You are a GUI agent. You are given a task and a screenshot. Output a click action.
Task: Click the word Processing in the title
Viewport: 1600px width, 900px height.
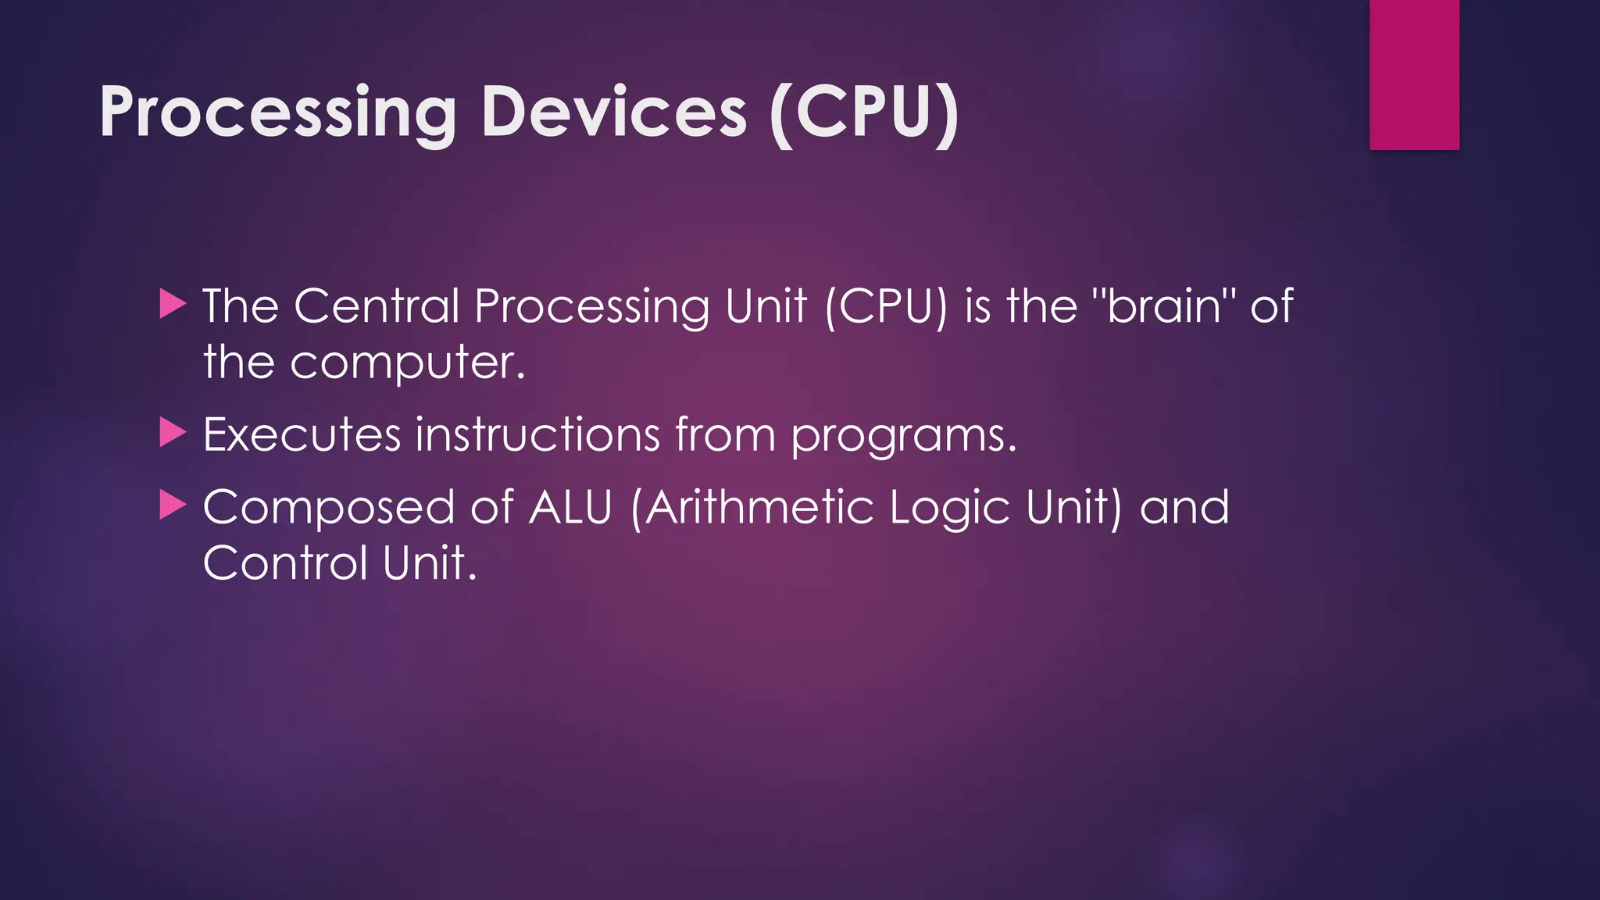(x=277, y=113)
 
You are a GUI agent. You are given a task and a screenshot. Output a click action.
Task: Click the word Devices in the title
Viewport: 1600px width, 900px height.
(x=614, y=113)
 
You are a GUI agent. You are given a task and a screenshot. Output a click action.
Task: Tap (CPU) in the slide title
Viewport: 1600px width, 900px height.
(x=864, y=113)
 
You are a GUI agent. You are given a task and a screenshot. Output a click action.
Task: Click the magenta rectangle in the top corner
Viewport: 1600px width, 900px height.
(x=1414, y=74)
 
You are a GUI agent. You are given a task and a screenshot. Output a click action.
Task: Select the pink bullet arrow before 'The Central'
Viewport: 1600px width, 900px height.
(x=172, y=304)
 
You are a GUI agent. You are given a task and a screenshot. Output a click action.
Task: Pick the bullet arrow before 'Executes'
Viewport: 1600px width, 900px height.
(x=172, y=433)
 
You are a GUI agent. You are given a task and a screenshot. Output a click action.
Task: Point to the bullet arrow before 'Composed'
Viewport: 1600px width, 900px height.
(x=172, y=505)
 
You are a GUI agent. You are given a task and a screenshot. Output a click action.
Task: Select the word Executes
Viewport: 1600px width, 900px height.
(x=302, y=434)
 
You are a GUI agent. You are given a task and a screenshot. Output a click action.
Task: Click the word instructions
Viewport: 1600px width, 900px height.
(x=537, y=434)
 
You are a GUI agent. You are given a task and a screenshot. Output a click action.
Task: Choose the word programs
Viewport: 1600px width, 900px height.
(x=903, y=436)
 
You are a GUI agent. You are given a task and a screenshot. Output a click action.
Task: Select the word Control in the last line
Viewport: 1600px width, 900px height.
(x=285, y=563)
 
